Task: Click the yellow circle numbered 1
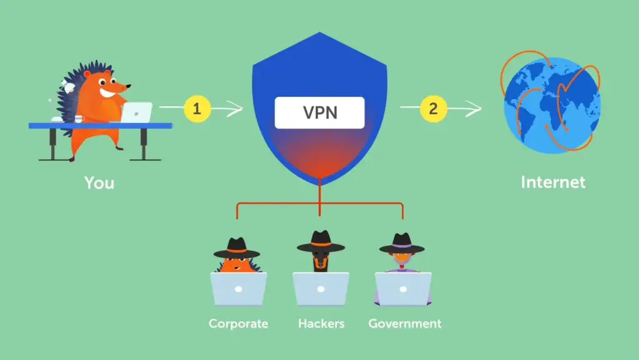coord(197,109)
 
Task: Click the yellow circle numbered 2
coord(433,109)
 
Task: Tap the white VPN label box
coord(319,113)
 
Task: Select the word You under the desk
coord(100,183)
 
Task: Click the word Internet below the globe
coord(553,182)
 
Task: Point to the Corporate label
coord(238,324)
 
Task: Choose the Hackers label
coord(321,324)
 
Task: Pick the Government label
coord(404,324)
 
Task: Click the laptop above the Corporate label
coord(238,289)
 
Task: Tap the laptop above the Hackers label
coord(321,289)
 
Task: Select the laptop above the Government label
coord(403,289)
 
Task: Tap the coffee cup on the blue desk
coord(79,119)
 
